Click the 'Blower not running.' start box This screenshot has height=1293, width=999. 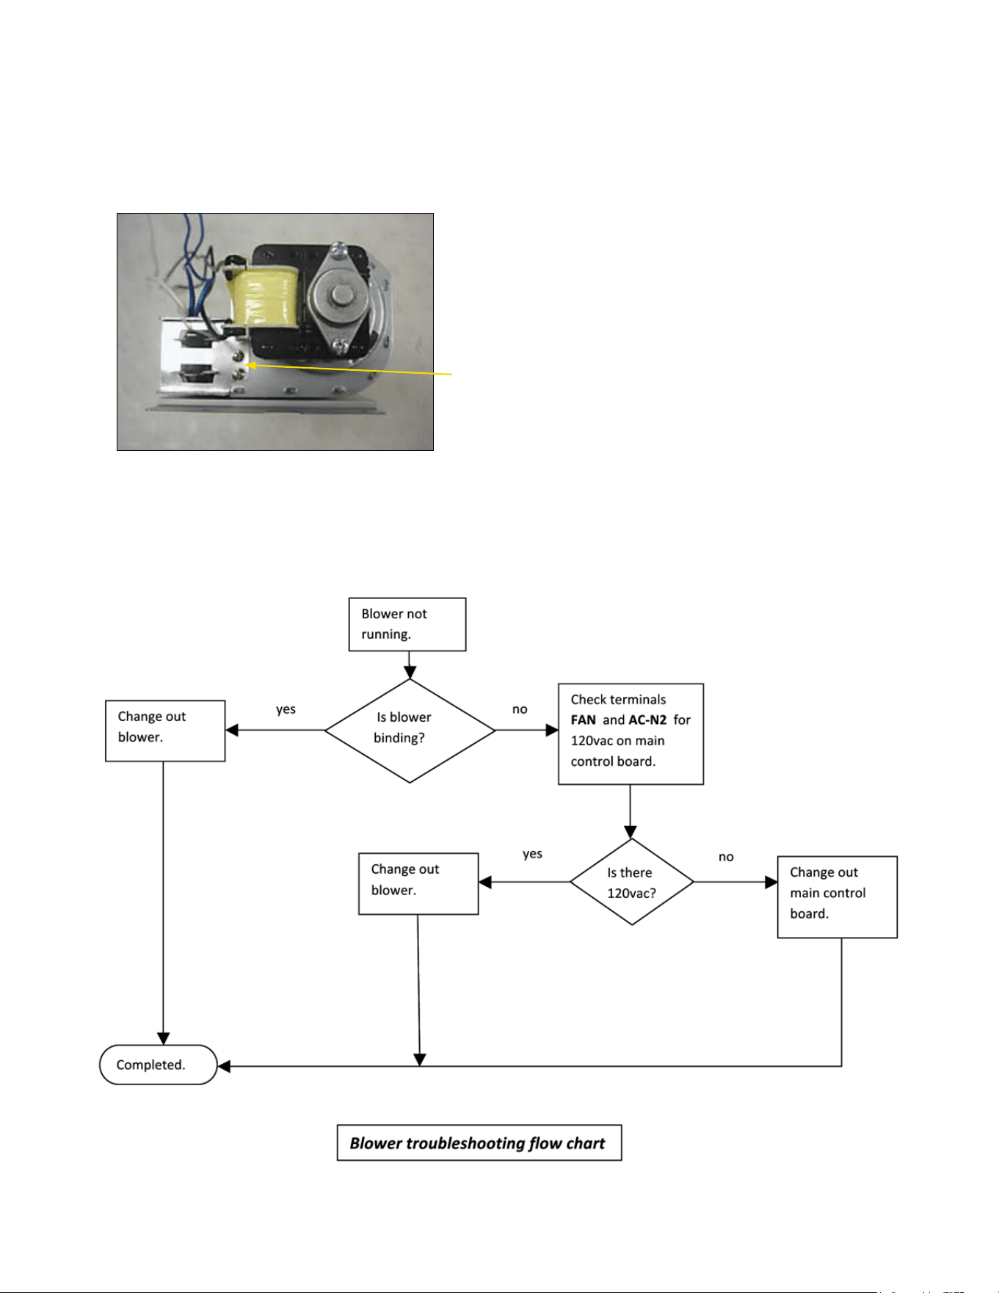tap(407, 624)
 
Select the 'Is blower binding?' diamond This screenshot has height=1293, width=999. tap(410, 731)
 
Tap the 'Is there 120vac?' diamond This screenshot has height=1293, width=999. tap(632, 882)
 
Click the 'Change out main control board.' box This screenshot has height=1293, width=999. tap(838, 897)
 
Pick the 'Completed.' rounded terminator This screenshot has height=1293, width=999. tap(159, 1065)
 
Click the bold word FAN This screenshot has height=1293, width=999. tap(584, 720)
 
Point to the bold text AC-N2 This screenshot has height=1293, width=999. tap(647, 720)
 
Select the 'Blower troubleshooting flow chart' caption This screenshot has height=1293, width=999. tap(479, 1142)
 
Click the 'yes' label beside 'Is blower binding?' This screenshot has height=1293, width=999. tap(286, 709)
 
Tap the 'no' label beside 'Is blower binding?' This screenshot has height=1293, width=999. tap(520, 709)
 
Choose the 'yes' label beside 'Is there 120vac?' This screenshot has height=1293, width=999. tap(533, 854)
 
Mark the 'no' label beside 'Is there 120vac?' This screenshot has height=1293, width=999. tap(726, 857)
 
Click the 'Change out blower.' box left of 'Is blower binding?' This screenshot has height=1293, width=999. tap(165, 731)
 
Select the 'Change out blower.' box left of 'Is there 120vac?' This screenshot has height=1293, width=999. tap(418, 883)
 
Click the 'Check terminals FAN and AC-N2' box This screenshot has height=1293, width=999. tap(631, 734)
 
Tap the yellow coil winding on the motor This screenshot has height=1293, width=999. tap(264, 297)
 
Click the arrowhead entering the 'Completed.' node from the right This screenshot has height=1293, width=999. tap(225, 1066)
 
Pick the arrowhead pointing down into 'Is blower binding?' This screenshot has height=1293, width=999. tap(410, 672)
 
